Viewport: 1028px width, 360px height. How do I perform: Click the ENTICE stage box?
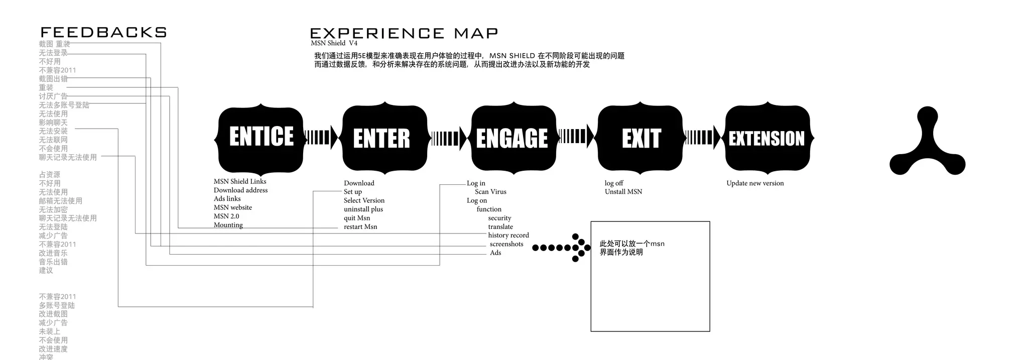pos(261,137)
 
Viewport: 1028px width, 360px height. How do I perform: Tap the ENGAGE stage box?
pos(513,138)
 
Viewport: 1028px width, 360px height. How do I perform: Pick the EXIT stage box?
pos(640,138)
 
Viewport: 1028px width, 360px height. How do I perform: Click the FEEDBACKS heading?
pos(103,33)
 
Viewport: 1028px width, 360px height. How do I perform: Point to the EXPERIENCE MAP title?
pos(404,34)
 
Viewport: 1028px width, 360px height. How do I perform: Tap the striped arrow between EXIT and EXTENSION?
pos(702,138)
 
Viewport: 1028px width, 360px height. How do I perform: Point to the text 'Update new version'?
pos(755,183)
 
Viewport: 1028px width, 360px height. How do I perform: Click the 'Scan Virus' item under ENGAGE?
pos(490,192)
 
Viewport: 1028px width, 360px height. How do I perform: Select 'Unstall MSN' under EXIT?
pos(623,192)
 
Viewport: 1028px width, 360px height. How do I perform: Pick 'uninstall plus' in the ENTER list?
pos(363,209)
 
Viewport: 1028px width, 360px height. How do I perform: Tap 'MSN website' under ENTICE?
pos(233,207)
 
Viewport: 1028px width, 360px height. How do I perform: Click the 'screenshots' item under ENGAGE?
pos(506,244)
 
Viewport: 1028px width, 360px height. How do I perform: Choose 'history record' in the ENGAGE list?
pos(508,235)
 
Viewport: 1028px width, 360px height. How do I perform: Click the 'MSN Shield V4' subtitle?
pos(334,43)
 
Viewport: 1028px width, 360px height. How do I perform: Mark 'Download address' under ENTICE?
pos(241,190)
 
